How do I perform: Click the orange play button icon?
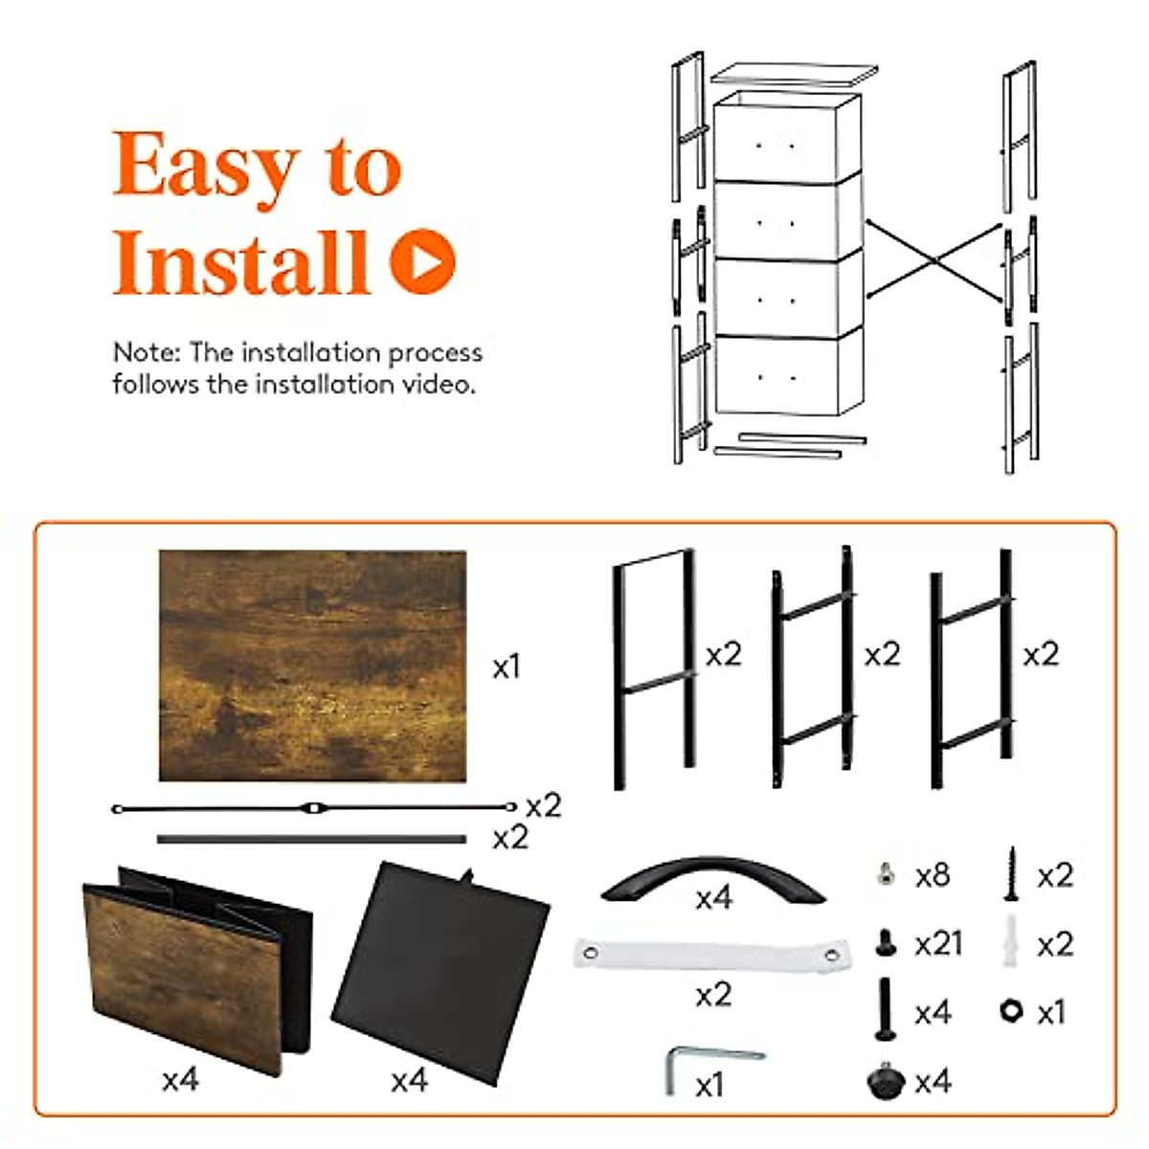[x=423, y=261]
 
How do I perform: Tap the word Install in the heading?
[x=241, y=262]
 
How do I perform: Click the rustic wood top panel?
[x=312, y=665]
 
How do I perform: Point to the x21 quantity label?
[x=938, y=944]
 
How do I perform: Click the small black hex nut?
[x=1011, y=1011]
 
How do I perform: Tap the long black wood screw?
[x=1011, y=873]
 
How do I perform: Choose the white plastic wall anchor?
[x=1010, y=941]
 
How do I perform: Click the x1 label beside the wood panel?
[x=507, y=666]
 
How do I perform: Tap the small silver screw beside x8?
[x=886, y=875]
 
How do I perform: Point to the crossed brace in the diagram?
[x=935, y=260]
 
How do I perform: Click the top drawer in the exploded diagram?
[x=787, y=137]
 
